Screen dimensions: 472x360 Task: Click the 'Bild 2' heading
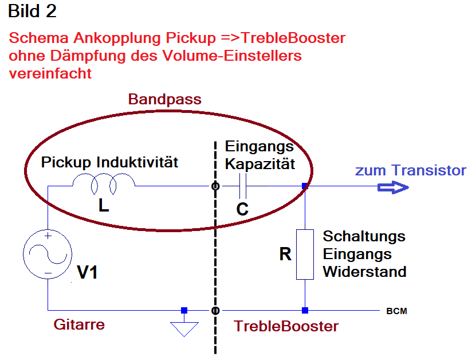pos(32,11)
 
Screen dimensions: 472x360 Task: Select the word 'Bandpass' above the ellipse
pos(164,99)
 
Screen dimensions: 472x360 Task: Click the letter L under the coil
pos(104,206)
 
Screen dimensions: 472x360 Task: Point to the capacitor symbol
pos(243,186)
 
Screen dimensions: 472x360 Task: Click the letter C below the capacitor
pos(242,209)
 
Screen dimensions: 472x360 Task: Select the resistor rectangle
pos(305,255)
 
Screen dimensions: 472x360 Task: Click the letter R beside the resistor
pos(285,254)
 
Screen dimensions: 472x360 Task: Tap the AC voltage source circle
pos(48,254)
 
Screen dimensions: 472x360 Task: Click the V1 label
pos(87,272)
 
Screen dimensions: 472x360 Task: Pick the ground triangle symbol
pos(184,329)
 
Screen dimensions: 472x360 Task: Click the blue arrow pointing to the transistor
pos(393,187)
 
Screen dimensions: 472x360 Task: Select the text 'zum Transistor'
pos(411,170)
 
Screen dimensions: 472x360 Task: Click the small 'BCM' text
pos(397,311)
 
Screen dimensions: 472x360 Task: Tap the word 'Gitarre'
pos(79,324)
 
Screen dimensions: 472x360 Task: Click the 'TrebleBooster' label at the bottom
pos(286,326)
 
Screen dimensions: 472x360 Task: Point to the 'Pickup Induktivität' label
pos(109,162)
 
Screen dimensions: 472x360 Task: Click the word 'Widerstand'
pos(364,272)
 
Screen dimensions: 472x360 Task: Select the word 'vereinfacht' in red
pos(50,73)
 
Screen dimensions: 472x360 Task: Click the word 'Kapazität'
pos(260,165)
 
